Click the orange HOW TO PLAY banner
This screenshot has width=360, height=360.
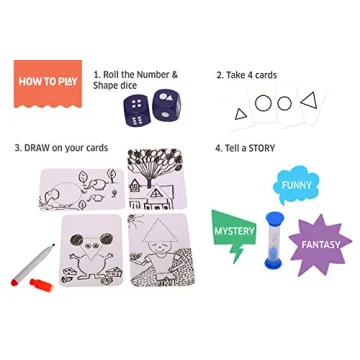tap(47, 82)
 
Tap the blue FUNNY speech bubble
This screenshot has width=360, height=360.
tap(297, 186)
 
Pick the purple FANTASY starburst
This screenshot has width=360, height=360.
tap(319, 244)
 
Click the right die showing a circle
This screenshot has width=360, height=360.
tap(165, 107)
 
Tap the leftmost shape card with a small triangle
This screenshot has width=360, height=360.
tap(241, 113)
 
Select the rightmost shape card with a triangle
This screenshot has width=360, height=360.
tap(308, 100)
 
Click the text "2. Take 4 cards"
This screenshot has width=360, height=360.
tap(247, 75)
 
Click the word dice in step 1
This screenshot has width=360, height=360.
tap(134, 85)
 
